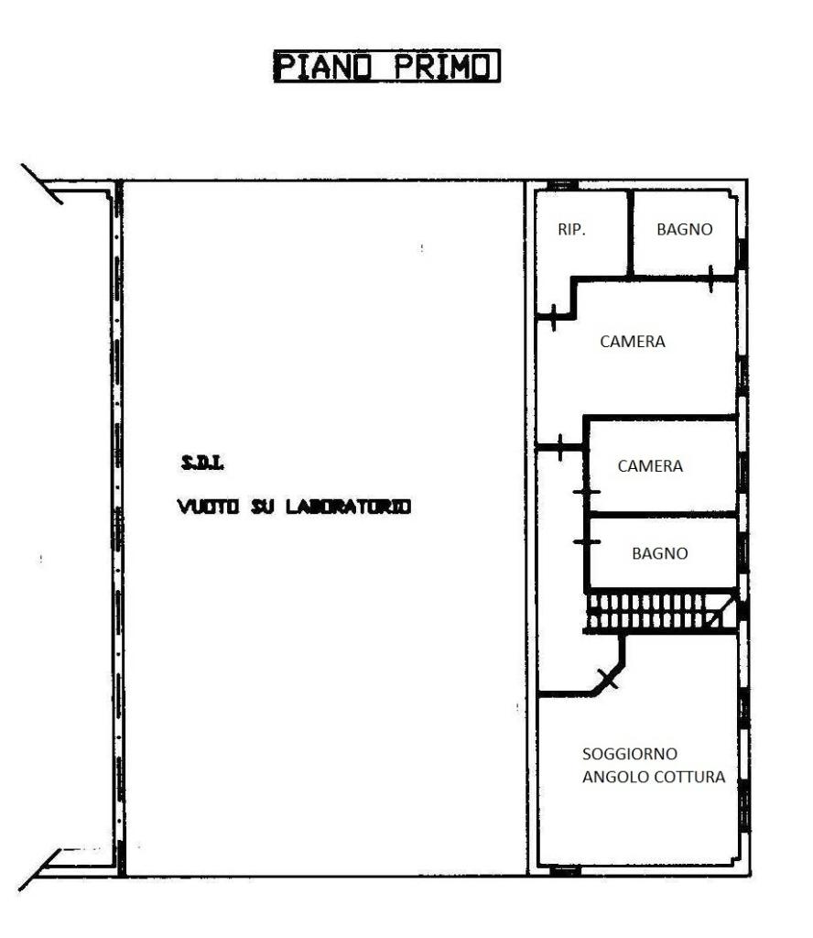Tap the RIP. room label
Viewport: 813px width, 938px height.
(571, 229)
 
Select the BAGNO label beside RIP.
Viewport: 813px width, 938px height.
(685, 229)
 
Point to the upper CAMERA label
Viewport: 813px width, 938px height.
(633, 342)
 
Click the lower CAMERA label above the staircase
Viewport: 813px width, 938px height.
(650, 466)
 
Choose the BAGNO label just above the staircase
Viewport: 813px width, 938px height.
(659, 553)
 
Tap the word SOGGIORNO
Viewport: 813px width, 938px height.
(630, 754)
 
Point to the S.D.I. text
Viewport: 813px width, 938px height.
(202, 463)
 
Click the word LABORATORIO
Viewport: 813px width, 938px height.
(349, 507)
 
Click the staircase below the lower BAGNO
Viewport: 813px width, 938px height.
(661, 611)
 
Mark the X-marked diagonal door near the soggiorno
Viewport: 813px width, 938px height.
(609, 679)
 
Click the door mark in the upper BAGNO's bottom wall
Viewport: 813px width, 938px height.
(710, 278)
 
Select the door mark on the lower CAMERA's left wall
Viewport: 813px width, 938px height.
(587, 492)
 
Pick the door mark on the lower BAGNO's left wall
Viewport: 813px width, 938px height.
(587, 542)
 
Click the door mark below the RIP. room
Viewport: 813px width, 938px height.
(554, 317)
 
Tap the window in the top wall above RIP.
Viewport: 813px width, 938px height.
(563, 185)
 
